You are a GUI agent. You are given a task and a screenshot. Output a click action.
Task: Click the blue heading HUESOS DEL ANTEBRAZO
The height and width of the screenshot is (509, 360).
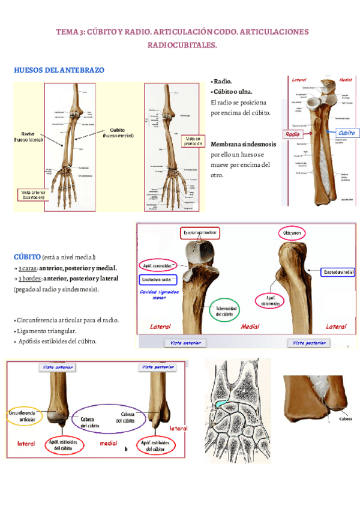coord(59,70)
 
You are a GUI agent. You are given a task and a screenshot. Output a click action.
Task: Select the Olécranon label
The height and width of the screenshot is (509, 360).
coord(295,232)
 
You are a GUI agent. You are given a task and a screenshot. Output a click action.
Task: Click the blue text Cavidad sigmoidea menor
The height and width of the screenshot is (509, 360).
coord(160,294)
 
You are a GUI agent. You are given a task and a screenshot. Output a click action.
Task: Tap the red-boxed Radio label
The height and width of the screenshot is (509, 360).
coord(292,134)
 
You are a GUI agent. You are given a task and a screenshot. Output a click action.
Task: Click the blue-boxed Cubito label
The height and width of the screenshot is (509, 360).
coord(346,133)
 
